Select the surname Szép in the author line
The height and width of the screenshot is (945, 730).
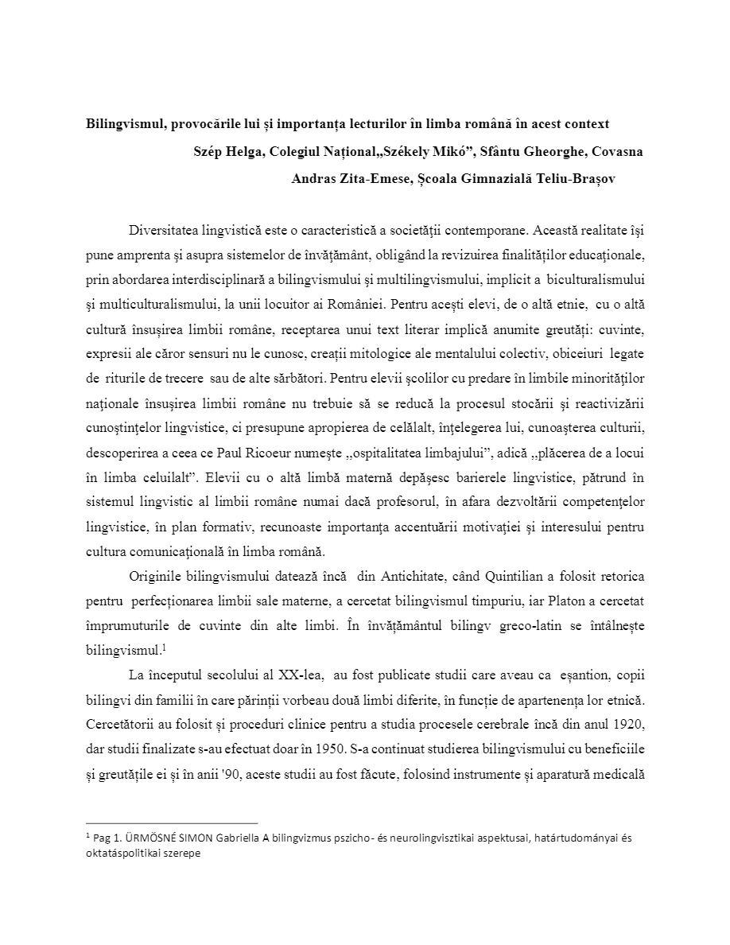tap(208, 151)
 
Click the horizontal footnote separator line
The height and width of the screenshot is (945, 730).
tap(171, 822)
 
